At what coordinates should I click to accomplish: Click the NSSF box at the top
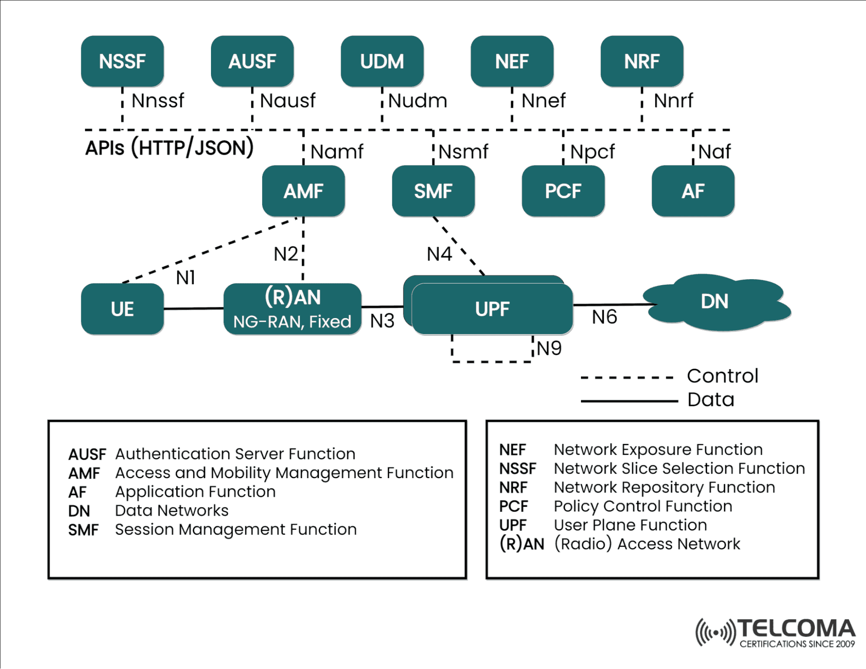122,61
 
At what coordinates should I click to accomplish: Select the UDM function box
382,61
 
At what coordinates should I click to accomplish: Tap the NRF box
642,61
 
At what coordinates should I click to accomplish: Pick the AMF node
303,191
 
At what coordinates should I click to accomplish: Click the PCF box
563,191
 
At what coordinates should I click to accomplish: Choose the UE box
122,309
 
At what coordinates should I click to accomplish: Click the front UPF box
492,309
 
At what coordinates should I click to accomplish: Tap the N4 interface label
439,254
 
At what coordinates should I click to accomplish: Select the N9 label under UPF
549,348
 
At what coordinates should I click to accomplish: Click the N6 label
604,317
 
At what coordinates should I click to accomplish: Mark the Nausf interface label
288,101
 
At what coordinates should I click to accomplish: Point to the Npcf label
592,152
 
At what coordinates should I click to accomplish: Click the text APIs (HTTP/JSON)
169,148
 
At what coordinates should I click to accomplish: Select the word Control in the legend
723,376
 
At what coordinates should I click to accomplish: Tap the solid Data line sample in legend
629,401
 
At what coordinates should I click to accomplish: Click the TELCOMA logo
775,633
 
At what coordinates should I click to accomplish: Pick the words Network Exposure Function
658,450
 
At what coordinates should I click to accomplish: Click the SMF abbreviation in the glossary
84,530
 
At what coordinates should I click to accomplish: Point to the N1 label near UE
185,278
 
